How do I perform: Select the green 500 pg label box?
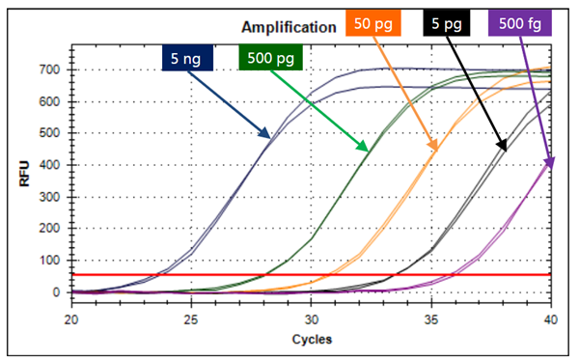click(x=271, y=60)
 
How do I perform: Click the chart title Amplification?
click(x=283, y=28)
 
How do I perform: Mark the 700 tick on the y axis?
click(x=49, y=69)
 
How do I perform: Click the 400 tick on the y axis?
click(x=49, y=165)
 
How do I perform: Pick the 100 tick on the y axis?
click(x=49, y=261)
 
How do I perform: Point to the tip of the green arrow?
click(x=369, y=152)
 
